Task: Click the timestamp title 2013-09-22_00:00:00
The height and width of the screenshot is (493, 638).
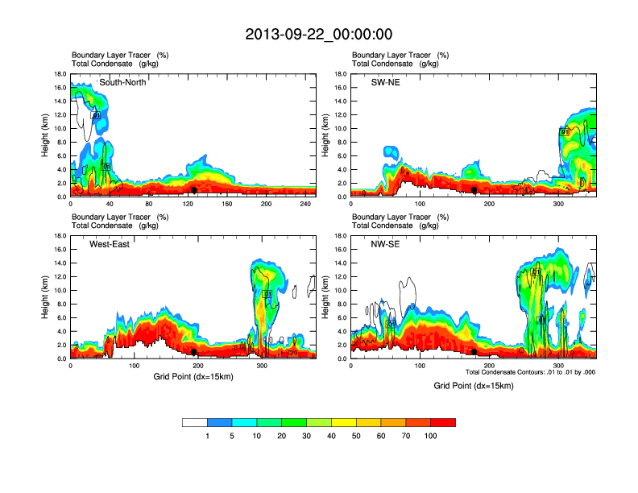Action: (x=318, y=35)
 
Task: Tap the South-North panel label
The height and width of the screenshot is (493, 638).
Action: (x=122, y=82)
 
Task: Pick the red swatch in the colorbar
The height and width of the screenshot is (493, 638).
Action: (x=443, y=422)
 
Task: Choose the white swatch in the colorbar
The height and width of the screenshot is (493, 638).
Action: (x=195, y=422)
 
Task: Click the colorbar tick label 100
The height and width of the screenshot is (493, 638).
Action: (x=431, y=436)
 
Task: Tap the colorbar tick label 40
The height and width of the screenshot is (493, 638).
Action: (x=331, y=436)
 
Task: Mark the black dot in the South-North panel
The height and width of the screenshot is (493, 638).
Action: (x=194, y=190)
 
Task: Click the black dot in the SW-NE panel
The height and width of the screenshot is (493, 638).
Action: (x=474, y=190)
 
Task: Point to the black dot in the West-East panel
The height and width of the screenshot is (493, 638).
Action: (x=194, y=352)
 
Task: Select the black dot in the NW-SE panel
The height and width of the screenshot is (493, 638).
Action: (x=474, y=352)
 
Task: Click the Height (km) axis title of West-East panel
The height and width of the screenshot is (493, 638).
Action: (x=47, y=297)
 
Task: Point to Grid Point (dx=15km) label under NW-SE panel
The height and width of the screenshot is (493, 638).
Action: (x=473, y=386)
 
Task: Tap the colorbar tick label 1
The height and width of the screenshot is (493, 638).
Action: (x=207, y=436)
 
